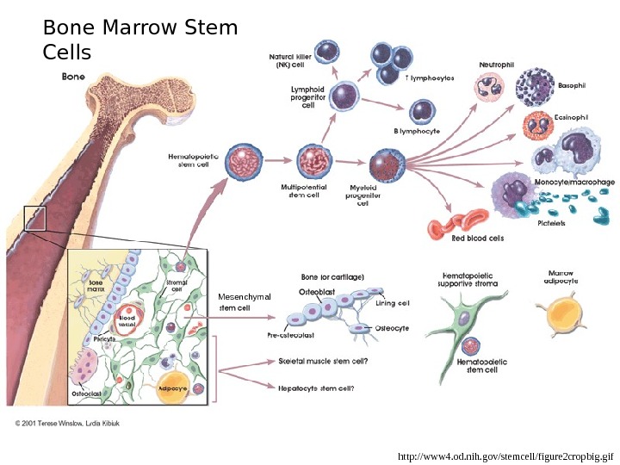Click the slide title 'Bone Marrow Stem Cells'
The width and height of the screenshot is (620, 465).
point(139,40)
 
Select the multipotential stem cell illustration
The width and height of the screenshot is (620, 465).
point(312,161)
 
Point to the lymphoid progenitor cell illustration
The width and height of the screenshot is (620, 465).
point(345,95)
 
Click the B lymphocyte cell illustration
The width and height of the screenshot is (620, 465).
point(422,111)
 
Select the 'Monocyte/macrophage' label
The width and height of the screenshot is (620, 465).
point(574,183)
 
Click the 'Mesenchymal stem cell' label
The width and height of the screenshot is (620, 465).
point(245,302)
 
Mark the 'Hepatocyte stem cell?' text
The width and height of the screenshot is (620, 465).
point(316,387)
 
